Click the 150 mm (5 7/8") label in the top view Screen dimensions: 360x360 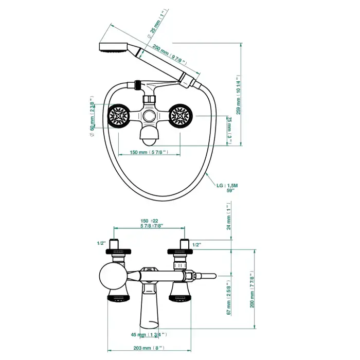tap(149, 152)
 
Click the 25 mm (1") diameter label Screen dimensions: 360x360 tap(159, 24)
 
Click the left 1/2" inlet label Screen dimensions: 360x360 tap(101, 243)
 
